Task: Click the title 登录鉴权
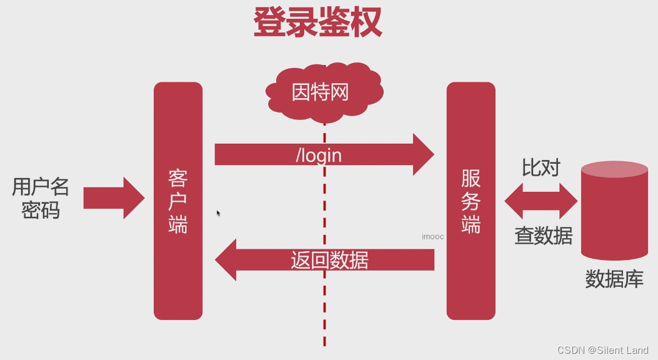pyautogui.click(x=317, y=24)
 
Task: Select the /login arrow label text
pyautogui.click(x=319, y=154)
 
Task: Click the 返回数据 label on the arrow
pyautogui.click(x=329, y=259)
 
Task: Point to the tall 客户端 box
pyautogui.click(x=178, y=201)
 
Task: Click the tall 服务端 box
pyautogui.click(x=471, y=201)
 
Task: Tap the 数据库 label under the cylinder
pyautogui.click(x=614, y=279)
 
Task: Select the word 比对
pyautogui.click(x=541, y=167)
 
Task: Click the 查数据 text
pyautogui.click(x=543, y=236)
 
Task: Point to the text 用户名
pyautogui.click(x=41, y=186)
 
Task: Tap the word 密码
pyautogui.click(x=41, y=210)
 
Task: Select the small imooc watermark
pyautogui.click(x=432, y=237)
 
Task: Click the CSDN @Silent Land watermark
pyautogui.click(x=602, y=350)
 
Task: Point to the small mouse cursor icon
pyautogui.click(x=218, y=213)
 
